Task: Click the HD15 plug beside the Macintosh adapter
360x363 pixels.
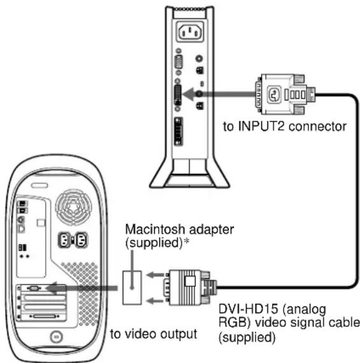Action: [x=189, y=284]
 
